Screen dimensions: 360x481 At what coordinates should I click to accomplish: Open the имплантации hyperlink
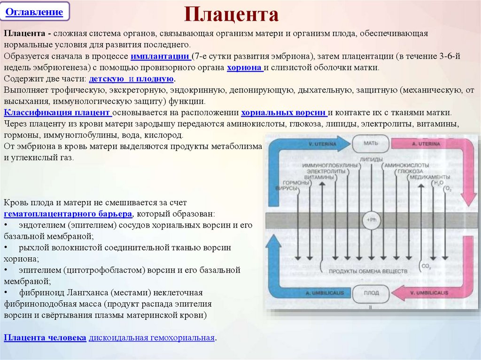tap(161, 56)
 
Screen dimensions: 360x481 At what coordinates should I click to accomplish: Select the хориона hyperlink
tap(244, 68)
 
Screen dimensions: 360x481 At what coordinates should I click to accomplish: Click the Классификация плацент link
tap(58, 113)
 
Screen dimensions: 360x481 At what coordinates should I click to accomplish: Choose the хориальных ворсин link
tap(283, 113)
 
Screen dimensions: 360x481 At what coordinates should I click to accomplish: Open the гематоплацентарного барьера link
tap(68, 214)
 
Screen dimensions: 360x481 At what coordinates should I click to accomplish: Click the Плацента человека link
tap(45, 338)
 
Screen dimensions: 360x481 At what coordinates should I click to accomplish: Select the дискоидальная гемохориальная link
tap(152, 338)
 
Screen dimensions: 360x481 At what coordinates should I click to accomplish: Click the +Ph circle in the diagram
tap(371, 220)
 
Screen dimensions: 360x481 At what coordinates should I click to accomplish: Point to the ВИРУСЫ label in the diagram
tap(290, 188)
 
